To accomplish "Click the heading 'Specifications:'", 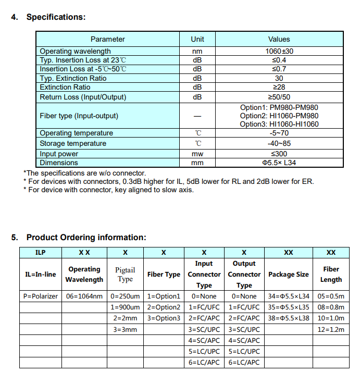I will click(56, 17).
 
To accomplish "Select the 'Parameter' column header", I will click(107, 39).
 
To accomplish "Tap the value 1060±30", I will click(279, 51).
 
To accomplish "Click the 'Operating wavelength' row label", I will click(75, 51).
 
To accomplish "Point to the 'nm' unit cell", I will click(197, 51).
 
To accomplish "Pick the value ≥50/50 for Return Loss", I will click(279, 97).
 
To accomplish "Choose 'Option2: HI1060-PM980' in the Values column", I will click(279, 116).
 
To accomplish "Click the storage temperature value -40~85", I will click(279, 143).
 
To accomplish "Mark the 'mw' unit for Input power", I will click(197, 154).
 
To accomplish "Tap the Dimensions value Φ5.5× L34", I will click(279, 163).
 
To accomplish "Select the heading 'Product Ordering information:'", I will click(86, 238).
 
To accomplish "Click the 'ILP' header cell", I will click(41, 253).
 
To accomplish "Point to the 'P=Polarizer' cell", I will click(41, 296).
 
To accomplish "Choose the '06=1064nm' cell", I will click(84, 296).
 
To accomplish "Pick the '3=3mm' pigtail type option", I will click(125, 329).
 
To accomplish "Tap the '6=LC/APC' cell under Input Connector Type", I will click(204, 362).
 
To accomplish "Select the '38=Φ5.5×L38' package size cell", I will click(289, 318).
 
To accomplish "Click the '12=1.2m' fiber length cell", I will click(331, 329).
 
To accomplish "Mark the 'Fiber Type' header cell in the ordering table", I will click(164, 275).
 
